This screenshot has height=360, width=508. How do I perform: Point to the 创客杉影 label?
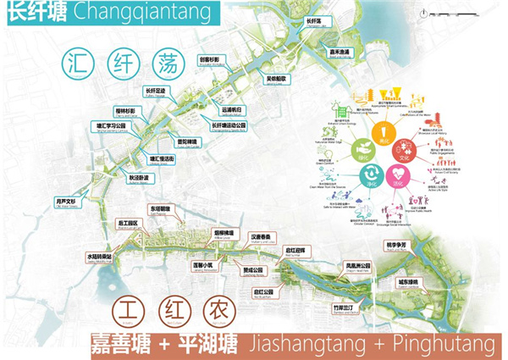click(x=210, y=61)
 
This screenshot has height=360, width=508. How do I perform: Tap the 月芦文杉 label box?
click(x=66, y=202)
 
